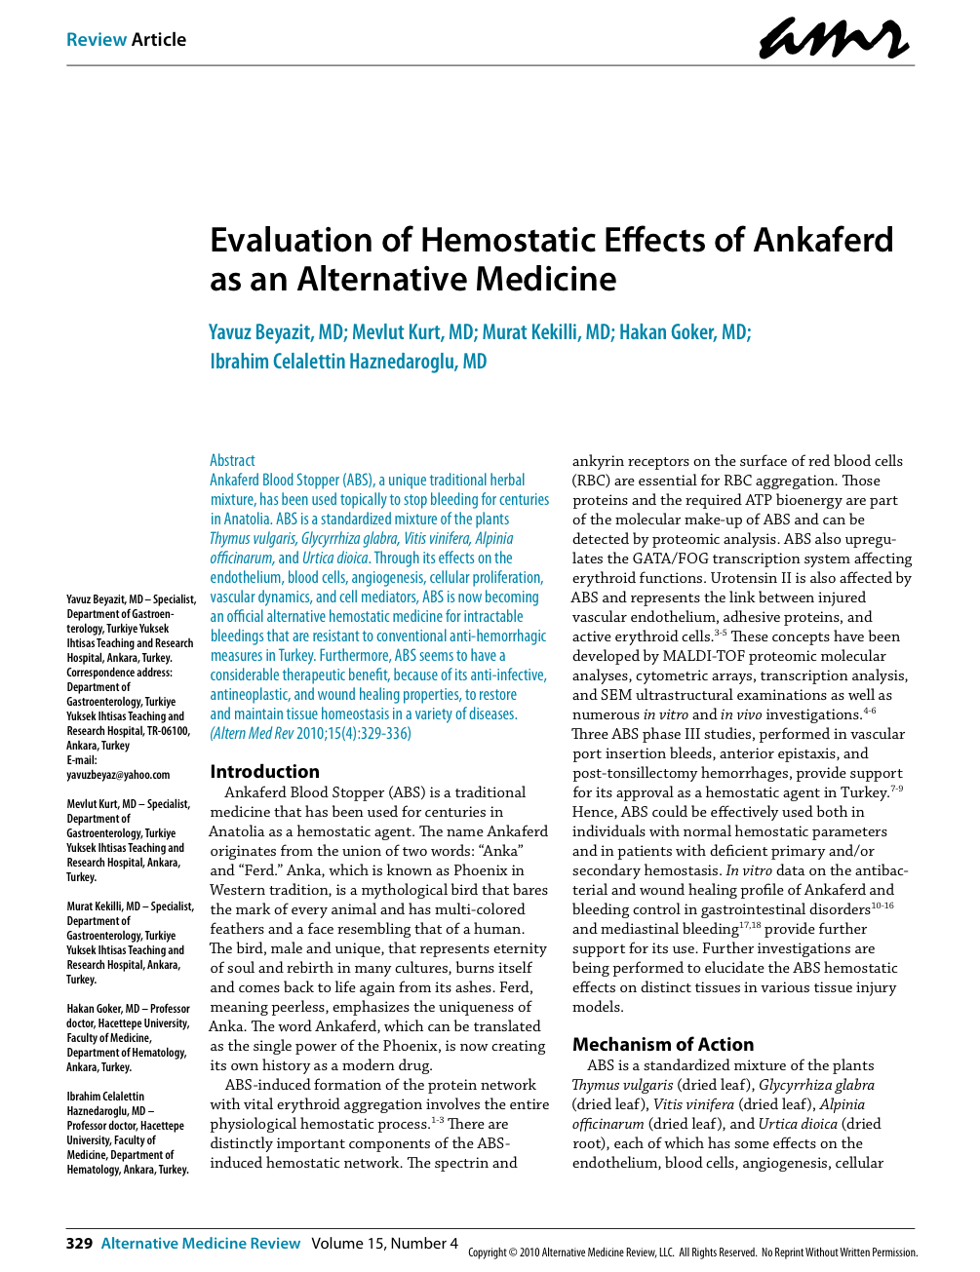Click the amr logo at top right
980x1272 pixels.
pyautogui.click(x=834, y=39)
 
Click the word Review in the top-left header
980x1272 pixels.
pyautogui.click(x=97, y=40)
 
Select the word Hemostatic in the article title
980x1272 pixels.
pyautogui.click(x=512, y=240)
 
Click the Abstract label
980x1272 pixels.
pyautogui.click(x=232, y=460)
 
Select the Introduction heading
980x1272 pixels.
pyautogui.click(x=264, y=771)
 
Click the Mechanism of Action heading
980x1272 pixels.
pyautogui.click(x=662, y=1044)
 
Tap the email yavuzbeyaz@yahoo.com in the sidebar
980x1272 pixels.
pyautogui.click(x=118, y=775)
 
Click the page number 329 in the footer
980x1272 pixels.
pyautogui.click(x=79, y=1243)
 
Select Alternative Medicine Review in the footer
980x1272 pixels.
pyautogui.click(x=201, y=1243)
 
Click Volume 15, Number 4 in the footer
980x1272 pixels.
pyautogui.click(x=384, y=1243)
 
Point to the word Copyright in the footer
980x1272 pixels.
pyautogui.click(x=492, y=1253)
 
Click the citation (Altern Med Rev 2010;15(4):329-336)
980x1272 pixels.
pyautogui.click(x=310, y=733)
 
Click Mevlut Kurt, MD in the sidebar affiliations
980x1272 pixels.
pyautogui.click(x=98, y=804)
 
